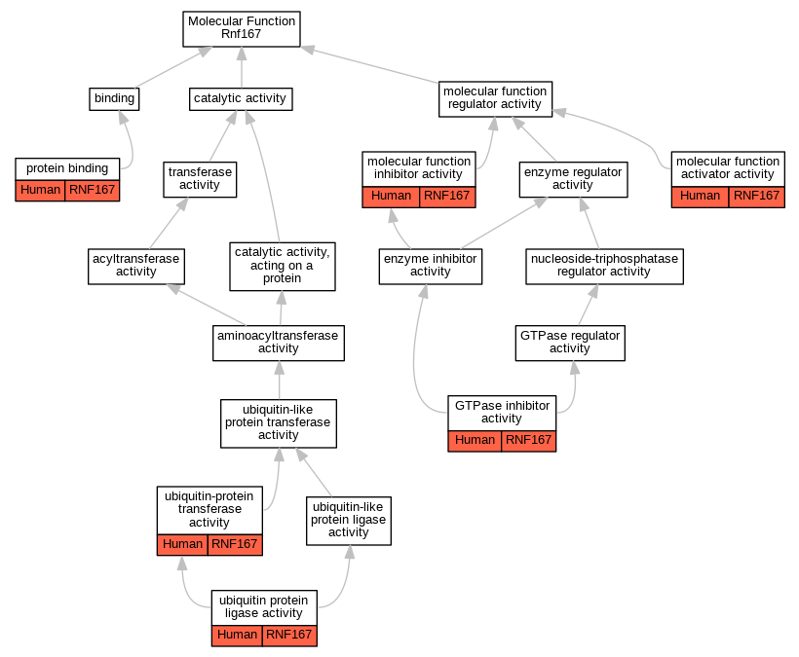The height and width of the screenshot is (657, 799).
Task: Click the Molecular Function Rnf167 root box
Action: coord(241,29)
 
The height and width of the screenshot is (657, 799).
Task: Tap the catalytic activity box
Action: coord(240,98)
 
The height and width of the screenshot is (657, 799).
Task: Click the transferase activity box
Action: coord(201,178)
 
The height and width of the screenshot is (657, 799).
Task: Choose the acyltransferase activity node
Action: coord(136,265)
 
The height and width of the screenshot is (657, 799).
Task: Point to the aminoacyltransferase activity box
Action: coord(279,342)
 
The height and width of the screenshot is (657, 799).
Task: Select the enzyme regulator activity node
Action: coord(572,178)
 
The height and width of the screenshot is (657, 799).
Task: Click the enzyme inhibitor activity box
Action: coord(431,266)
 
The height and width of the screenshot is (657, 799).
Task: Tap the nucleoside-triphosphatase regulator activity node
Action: coord(603,266)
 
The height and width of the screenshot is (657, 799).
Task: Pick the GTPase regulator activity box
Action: coord(570,342)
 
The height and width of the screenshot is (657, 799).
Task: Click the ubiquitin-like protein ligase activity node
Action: coord(349,520)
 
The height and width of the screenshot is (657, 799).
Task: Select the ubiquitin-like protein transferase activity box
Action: coord(279,422)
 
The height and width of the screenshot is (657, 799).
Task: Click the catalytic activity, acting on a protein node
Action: coord(283,265)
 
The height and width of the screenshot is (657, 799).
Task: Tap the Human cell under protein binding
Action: coord(41,190)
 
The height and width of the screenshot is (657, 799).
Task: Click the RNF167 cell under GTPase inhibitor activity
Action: coord(529,440)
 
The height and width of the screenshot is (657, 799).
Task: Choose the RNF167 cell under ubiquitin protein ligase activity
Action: coord(289,636)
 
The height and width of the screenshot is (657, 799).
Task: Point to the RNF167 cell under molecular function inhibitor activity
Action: coord(447,196)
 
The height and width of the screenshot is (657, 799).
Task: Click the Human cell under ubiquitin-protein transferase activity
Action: coord(182,544)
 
